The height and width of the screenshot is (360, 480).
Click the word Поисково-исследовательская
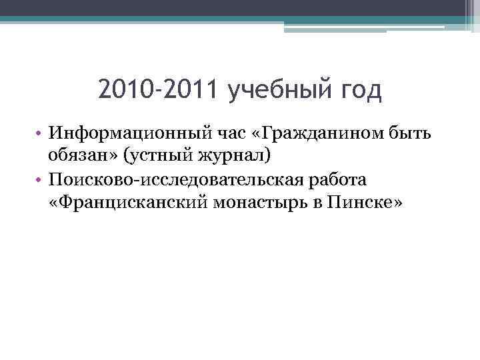tap(177, 181)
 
